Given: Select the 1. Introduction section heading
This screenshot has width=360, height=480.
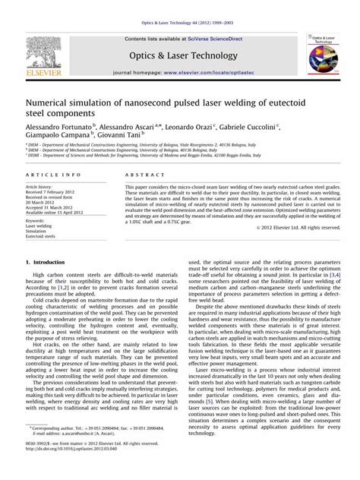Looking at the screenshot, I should point(50,262).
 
